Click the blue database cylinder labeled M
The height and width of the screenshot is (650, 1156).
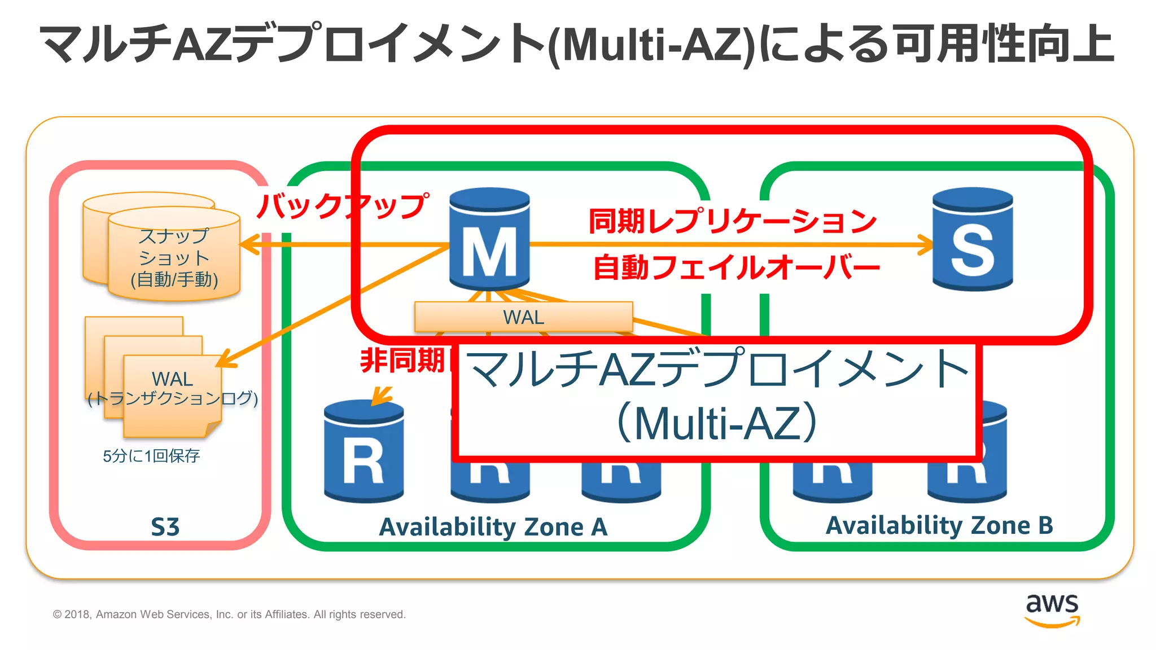[x=489, y=240]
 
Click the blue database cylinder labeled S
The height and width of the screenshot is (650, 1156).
[x=973, y=240]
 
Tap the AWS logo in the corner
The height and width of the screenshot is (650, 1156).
[x=1052, y=610]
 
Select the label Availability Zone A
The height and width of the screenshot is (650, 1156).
[x=493, y=527]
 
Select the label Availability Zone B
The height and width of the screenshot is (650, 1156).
[x=939, y=525]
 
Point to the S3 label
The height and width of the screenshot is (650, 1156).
[x=165, y=527]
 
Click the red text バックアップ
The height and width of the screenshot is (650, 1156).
[x=342, y=205]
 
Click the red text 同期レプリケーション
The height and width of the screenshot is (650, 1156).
[x=732, y=221]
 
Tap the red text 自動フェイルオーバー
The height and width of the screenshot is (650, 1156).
[x=736, y=267]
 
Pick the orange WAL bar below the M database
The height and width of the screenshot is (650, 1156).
[x=523, y=317]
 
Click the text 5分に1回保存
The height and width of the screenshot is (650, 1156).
[x=151, y=456]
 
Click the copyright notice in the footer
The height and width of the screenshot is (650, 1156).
[x=229, y=614]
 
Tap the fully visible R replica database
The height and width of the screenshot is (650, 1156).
[x=364, y=451]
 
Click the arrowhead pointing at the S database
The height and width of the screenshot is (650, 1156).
[x=926, y=245]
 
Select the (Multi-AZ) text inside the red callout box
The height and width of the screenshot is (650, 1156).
[x=717, y=423]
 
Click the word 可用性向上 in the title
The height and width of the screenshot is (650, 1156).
[x=1005, y=44]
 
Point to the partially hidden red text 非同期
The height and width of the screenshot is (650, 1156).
[x=403, y=360]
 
